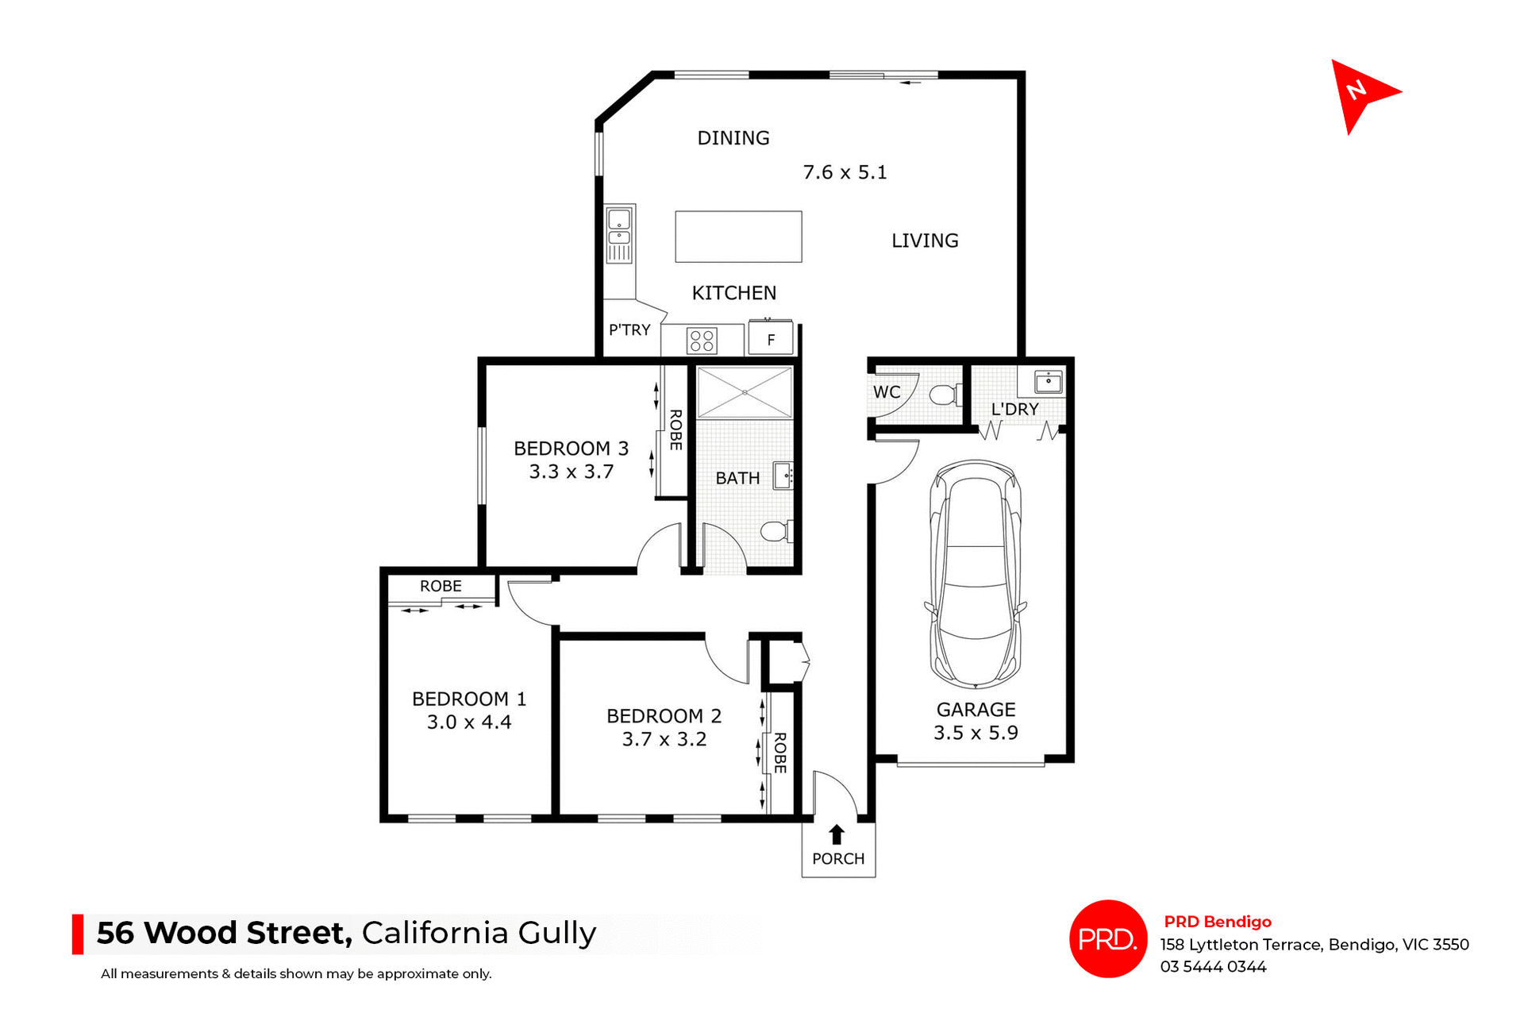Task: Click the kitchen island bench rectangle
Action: point(738,237)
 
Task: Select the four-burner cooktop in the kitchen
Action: point(702,341)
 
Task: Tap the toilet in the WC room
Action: point(945,395)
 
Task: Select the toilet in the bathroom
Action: point(775,531)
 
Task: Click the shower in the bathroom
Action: point(745,392)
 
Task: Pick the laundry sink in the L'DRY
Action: point(1049,383)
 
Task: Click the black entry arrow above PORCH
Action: point(837,834)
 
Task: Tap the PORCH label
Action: point(838,859)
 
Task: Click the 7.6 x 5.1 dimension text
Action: point(845,172)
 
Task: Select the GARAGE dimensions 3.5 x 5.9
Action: point(976,733)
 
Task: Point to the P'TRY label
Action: point(629,330)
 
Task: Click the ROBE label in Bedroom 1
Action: point(441,586)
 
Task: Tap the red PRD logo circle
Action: point(1108,938)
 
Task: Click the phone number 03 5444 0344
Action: point(1213,967)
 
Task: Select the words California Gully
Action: point(479,933)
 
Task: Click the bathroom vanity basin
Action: point(783,476)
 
